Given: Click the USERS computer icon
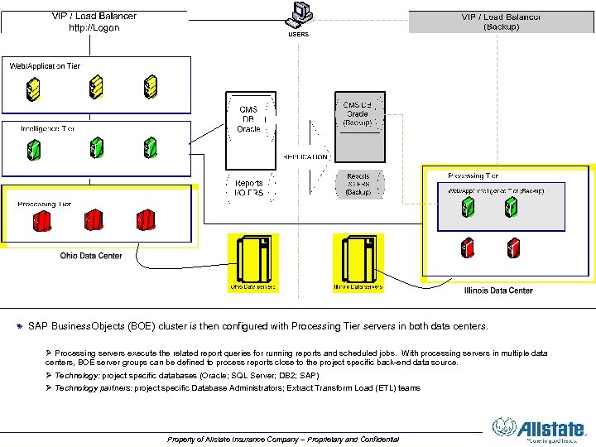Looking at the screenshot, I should point(298,15).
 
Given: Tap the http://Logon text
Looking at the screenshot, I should point(94,27).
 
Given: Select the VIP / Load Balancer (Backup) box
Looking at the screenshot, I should point(501,22).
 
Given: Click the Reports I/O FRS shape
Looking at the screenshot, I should point(248,188).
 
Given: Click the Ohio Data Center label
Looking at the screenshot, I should point(91,256).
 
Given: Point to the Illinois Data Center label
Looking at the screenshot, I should point(498,291).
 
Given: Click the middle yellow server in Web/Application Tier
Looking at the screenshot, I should point(96,86).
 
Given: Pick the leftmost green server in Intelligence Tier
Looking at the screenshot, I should point(34,150).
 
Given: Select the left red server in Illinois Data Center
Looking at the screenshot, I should point(468,247).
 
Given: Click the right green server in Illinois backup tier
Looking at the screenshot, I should point(512,207).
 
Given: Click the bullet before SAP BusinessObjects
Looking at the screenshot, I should point(21,326).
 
